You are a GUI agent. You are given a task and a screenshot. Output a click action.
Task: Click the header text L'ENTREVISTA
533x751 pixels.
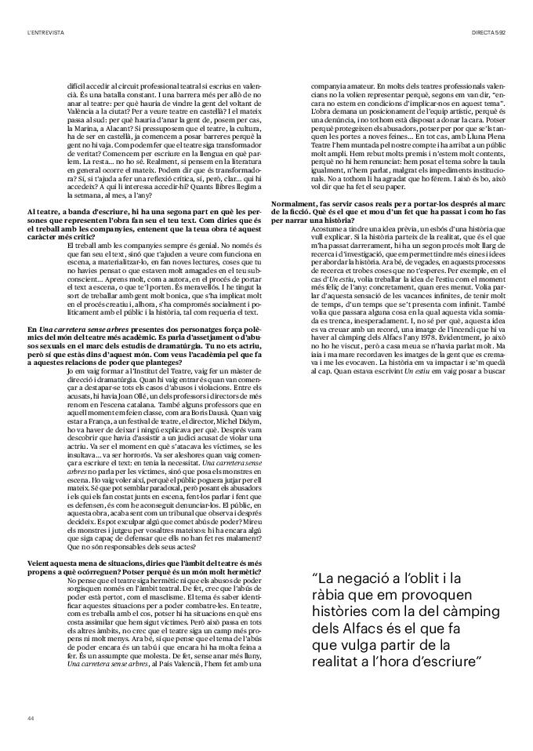coord(45,32)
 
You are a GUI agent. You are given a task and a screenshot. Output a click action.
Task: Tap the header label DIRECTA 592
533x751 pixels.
coord(489,32)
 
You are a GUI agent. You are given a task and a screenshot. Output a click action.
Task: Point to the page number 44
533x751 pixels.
coord(31,718)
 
